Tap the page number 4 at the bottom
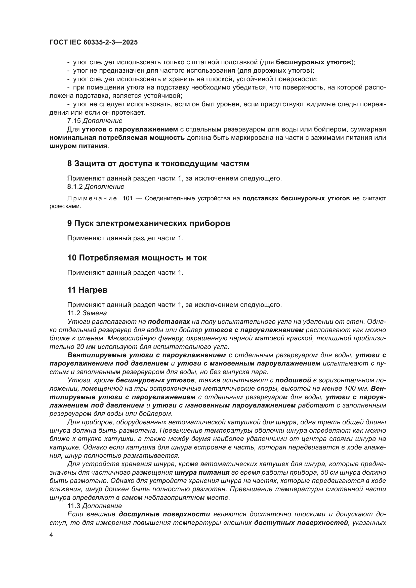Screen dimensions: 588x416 (x=51, y=535)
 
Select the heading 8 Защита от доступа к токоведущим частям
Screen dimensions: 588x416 (x=158, y=164)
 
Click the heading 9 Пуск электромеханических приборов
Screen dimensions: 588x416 (x=149, y=223)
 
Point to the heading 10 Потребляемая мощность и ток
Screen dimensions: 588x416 (x=137, y=258)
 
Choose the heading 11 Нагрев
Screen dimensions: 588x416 (x=87, y=290)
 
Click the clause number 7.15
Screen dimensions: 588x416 (x=74, y=121)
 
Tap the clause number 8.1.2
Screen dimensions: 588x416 (x=75, y=187)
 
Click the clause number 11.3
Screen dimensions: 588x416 (x=74, y=506)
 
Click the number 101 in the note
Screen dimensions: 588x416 (x=127, y=199)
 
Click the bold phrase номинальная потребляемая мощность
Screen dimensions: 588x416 (x=117, y=138)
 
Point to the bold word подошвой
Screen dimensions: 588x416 (x=293, y=380)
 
